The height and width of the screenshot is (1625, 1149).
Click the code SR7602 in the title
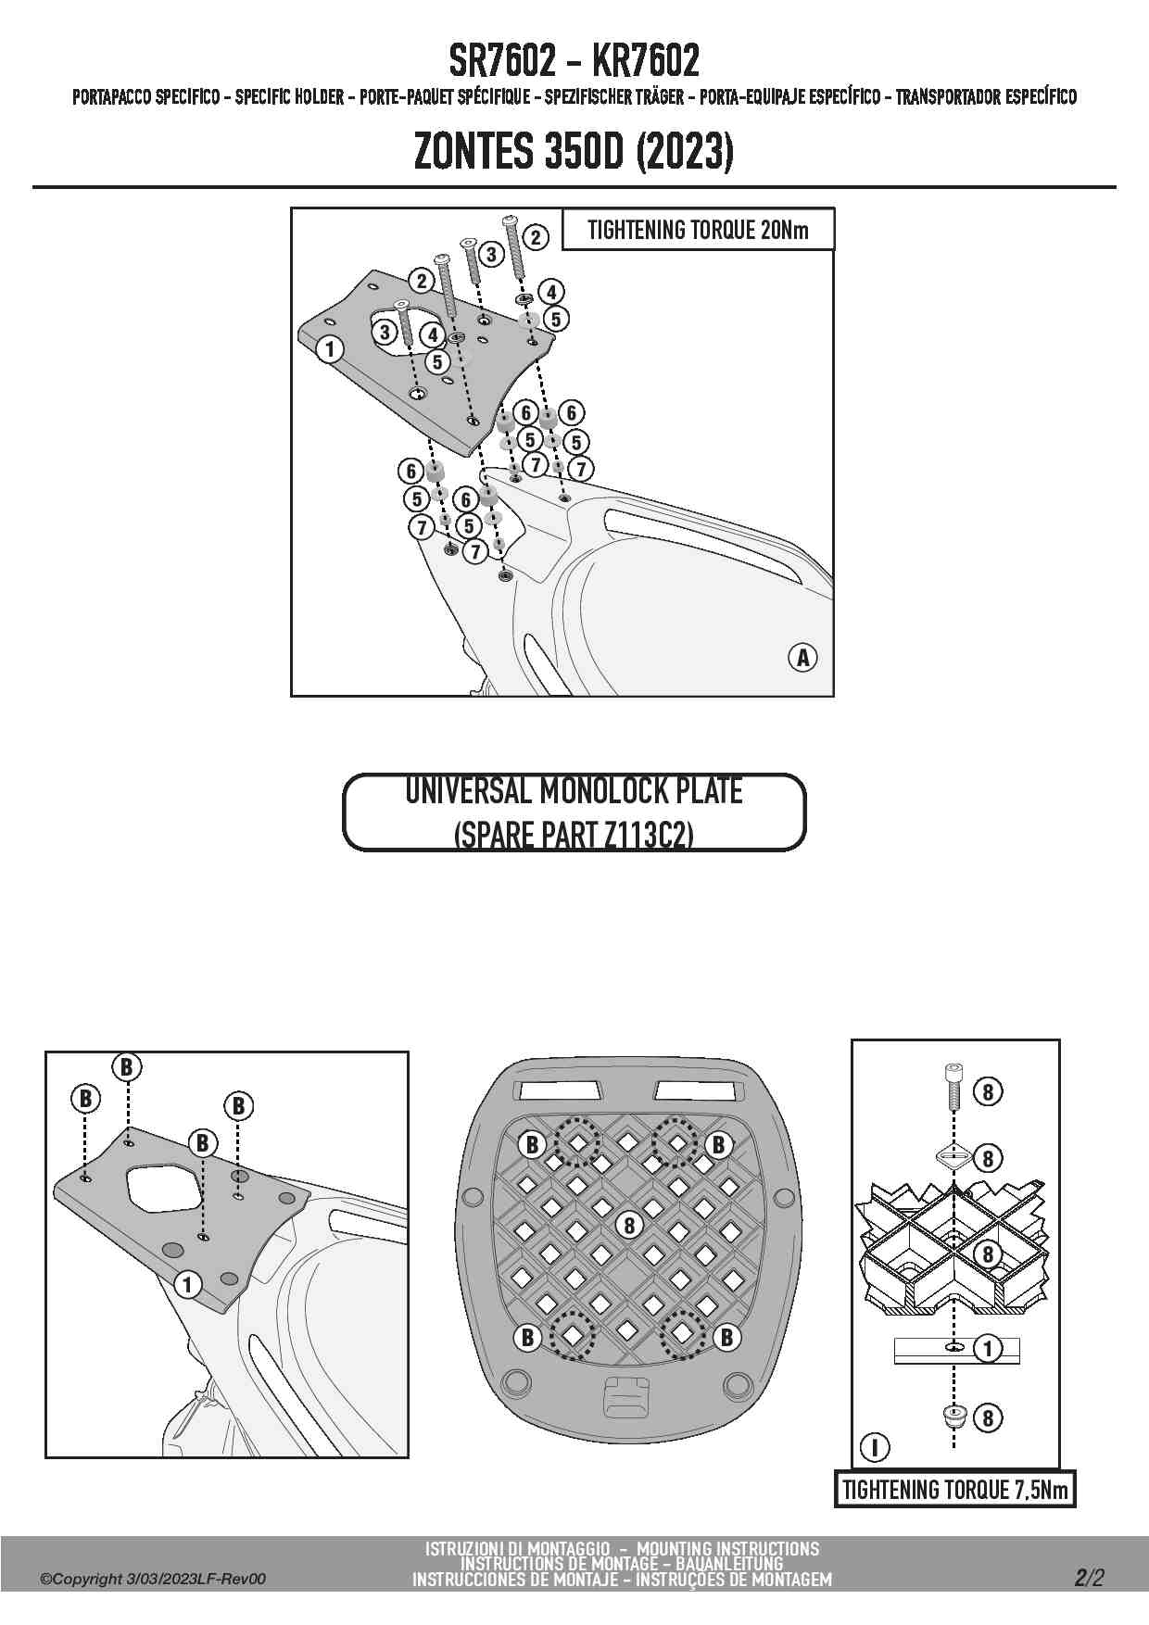point(503,62)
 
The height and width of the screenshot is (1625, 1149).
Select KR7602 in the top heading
point(645,62)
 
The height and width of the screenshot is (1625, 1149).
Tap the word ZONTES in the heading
point(473,152)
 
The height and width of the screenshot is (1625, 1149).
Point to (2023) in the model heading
point(686,152)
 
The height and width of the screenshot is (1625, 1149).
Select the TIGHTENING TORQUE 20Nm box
point(698,230)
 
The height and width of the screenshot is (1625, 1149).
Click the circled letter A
point(803,658)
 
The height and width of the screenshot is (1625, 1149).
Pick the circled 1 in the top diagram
point(330,349)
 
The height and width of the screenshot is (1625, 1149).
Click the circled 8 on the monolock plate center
point(629,1225)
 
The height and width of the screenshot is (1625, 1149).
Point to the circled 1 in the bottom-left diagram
point(188,1284)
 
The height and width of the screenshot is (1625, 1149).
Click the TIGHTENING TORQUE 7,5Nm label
point(954,1490)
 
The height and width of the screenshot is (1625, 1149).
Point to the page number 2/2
point(1090,1577)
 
